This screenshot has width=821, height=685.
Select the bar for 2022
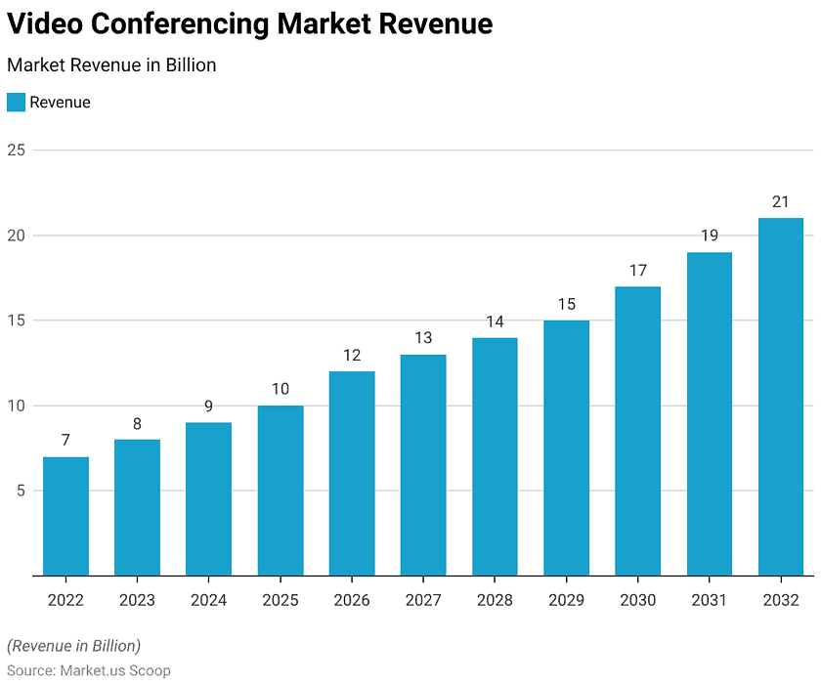pos(66,516)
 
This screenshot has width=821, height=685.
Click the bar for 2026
pos(352,474)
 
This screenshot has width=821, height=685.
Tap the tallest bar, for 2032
pos(781,397)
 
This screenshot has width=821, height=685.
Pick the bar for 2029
pos(567,448)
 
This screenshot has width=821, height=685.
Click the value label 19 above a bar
pos(710,235)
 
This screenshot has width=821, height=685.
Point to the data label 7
pos(65,440)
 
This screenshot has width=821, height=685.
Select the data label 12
pos(352,356)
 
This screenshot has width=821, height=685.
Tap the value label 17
pos(637,271)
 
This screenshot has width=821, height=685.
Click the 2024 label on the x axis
pos(208,600)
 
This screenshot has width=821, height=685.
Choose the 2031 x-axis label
pos(709,600)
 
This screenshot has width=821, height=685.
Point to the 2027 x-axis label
pos(423,600)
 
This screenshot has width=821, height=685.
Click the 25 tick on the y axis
pos(17,150)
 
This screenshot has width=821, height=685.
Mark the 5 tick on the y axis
pos(21,491)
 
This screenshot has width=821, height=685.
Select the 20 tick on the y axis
pos(17,235)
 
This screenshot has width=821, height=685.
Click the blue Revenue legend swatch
pos(16,102)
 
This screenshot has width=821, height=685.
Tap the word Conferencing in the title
pos(180,24)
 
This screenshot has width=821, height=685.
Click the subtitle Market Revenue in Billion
pos(111,64)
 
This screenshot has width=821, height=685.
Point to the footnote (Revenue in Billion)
pos(74,646)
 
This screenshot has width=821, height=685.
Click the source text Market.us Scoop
pos(115,670)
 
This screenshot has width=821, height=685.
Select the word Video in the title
pos(45,23)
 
